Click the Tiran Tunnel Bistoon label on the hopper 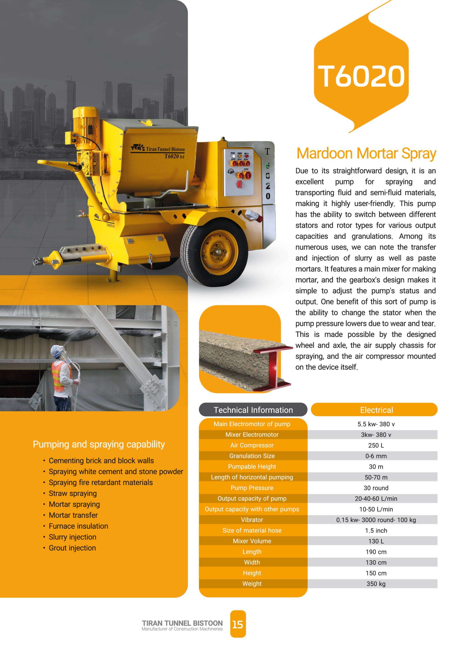click(165, 149)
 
